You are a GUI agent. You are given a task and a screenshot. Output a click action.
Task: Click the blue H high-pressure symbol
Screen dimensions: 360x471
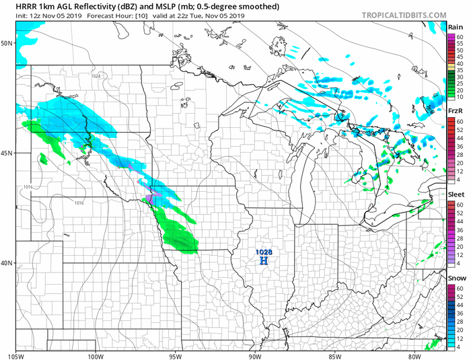point(264,260)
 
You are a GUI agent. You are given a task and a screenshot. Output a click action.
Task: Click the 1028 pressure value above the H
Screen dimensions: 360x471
point(264,252)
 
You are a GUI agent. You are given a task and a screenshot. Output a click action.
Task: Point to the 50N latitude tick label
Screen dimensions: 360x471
point(7,42)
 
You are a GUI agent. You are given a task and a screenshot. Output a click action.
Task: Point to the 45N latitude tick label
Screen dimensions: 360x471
point(7,153)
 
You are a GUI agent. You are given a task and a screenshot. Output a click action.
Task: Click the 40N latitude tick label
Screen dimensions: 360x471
point(7,262)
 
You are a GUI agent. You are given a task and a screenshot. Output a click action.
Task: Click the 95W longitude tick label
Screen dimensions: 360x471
point(176,356)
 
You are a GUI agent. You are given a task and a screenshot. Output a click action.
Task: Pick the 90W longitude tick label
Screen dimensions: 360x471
point(255,356)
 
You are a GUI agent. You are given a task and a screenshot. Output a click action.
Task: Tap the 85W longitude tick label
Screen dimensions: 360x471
point(334,356)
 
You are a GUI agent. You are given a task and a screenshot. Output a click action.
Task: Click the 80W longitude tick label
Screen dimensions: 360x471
point(414,356)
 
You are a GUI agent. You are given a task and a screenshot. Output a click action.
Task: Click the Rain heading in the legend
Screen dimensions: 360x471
point(455,26)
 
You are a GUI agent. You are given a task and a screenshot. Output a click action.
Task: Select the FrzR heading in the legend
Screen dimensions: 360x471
point(455,110)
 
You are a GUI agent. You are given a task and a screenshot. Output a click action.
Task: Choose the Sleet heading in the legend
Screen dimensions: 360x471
point(456,194)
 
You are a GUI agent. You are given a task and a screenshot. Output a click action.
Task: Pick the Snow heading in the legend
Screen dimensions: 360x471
point(456,277)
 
